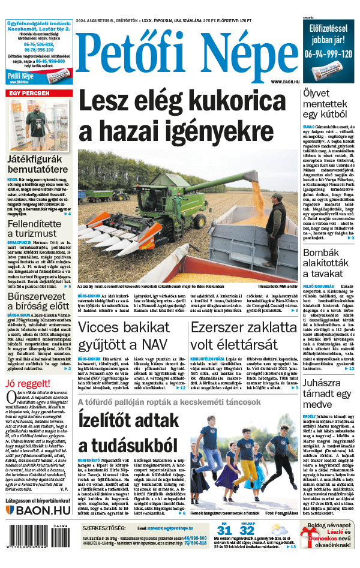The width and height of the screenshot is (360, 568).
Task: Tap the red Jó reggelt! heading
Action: tap(26, 384)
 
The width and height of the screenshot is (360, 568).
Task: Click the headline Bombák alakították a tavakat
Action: tap(329, 263)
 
